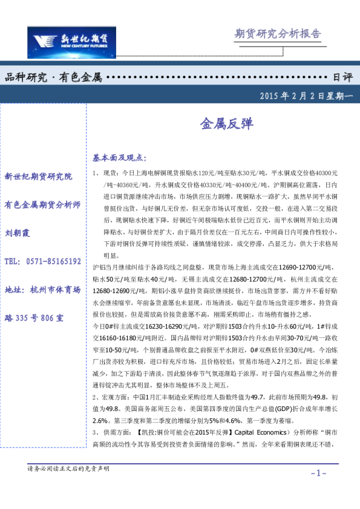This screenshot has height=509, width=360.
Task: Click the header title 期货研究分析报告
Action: click(x=277, y=34)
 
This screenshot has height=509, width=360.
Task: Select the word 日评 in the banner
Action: click(x=342, y=77)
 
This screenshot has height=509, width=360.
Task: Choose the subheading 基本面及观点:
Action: click(x=119, y=158)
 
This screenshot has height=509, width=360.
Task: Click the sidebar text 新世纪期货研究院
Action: click(x=38, y=177)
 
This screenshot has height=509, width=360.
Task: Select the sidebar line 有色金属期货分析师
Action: click(x=42, y=205)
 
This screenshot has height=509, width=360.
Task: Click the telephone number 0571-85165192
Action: click(x=54, y=262)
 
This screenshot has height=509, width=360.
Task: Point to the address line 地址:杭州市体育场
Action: click(x=42, y=290)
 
